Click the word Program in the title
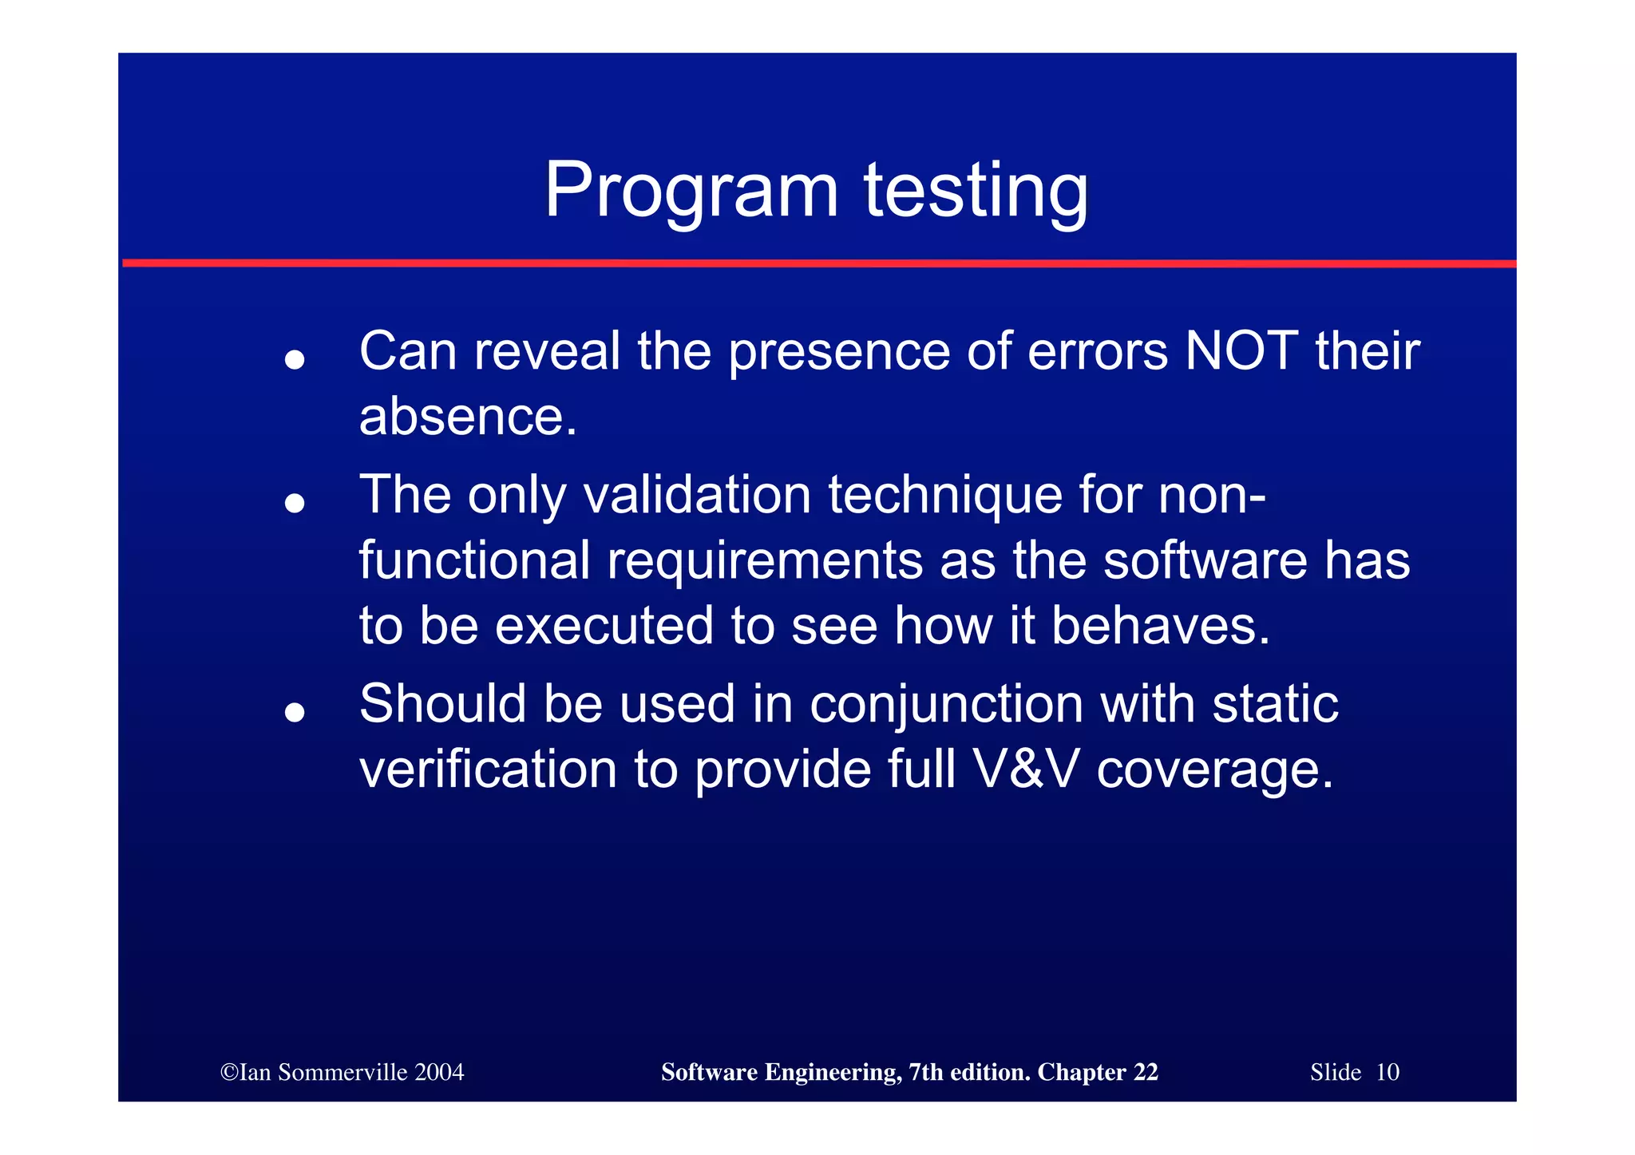tap(691, 192)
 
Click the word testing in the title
tap(976, 192)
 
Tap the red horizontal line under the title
tap(817, 263)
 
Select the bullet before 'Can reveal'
tap(295, 360)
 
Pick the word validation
tap(697, 495)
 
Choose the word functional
tap(474, 560)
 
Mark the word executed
tap(604, 626)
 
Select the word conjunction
tap(946, 706)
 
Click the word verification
tap(488, 769)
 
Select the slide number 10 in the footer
tap(1388, 1072)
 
